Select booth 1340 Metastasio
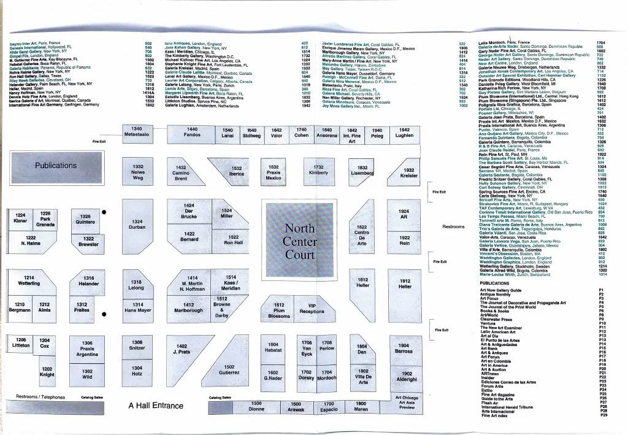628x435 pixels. [x=136, y=131]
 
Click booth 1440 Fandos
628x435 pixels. [x=192, y=132]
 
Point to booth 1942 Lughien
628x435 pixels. [x=404, y=133]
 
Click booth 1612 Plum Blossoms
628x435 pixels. [x=279, y=310]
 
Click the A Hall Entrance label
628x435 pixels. [x=156, y=406]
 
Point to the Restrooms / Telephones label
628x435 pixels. [x=40, y=397]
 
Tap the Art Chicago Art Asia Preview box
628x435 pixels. [x=407, y=402]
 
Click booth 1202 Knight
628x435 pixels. [x=47, y=372]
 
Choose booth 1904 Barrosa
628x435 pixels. [x=404, y=348]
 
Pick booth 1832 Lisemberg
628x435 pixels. [x=362, y=170]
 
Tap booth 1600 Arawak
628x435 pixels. [x=296, y=406]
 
